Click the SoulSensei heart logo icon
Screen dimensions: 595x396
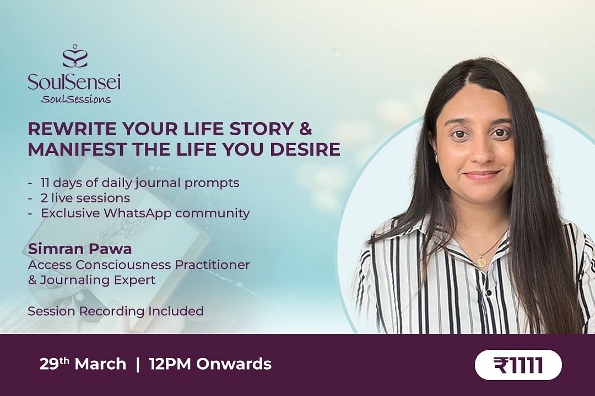pos(75,56)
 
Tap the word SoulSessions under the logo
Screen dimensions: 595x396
pos(76,100)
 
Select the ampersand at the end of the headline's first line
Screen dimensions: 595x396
pos(305,129)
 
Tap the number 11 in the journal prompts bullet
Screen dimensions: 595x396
pos(45,183)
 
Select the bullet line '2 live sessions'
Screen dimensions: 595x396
pos(85,198)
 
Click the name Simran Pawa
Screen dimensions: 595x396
pos(80,249)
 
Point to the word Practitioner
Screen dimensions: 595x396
pos(212,265)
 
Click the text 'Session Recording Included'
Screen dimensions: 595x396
pos(116,311)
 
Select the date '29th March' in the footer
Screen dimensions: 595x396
pos(83,364)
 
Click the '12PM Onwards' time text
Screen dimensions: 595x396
pos(210,364)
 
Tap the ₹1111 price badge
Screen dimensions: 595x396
pos(518,365)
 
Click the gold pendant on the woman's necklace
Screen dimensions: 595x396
pos(481,261)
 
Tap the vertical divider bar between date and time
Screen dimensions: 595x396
pos(137,364)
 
